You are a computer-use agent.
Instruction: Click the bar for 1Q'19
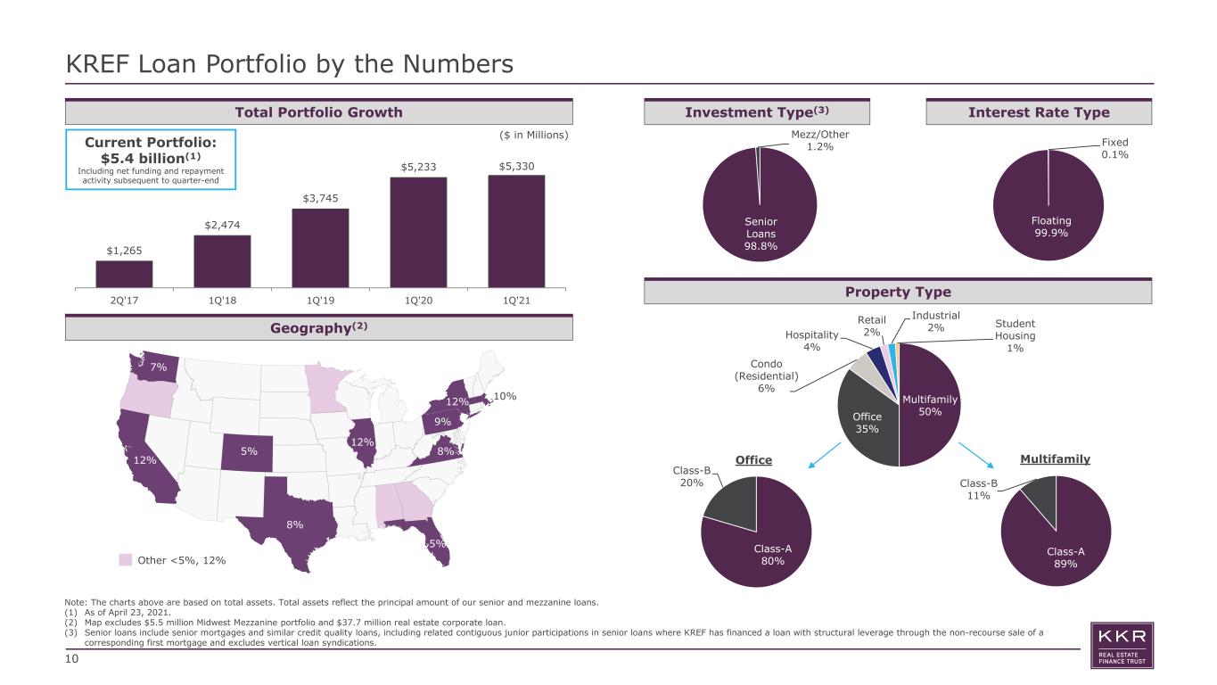(320, 248)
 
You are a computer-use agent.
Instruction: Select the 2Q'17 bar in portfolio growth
(124, 274)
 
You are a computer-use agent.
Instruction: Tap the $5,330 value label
(516, 167)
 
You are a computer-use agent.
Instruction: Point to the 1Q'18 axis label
(222, 300)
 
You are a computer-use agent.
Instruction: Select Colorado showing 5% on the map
(247, 452)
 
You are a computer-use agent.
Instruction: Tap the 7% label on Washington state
(159, 367)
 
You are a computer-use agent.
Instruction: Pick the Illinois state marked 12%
(362, 442)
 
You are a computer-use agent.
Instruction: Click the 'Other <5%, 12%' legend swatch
(126, 560)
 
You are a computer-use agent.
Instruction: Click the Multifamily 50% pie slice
(930, 405)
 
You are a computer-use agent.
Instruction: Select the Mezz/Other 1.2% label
(820, 140)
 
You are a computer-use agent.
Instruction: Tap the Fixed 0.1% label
(1114, 148)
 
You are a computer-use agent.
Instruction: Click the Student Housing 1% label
(1015, 335)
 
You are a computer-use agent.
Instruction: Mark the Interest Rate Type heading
(1039, 112)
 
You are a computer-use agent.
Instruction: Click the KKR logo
(1122, 646)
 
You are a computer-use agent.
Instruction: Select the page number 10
(71, 659)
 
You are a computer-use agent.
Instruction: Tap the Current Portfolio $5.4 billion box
(151, 160)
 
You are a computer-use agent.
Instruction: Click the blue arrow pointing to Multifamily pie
(976, 456)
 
